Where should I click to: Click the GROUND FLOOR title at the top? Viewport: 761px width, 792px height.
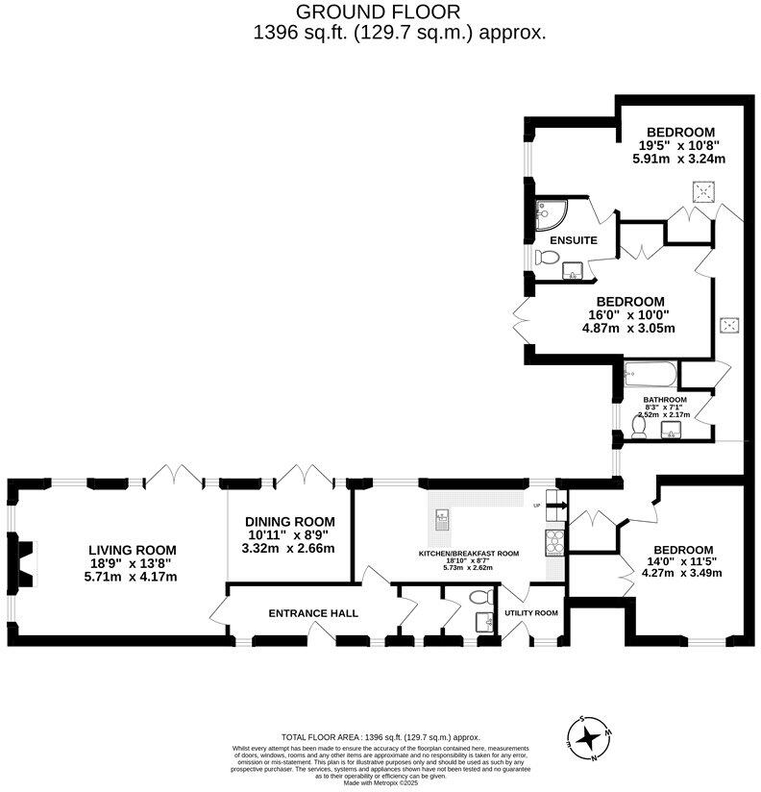378,12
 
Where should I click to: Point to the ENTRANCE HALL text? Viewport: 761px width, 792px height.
313,613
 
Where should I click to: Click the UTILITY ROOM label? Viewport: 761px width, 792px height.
531,613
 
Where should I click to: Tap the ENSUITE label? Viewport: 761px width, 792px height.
574,240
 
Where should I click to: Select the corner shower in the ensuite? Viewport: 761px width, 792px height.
552,212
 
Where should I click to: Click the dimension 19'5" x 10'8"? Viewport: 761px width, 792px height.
679,145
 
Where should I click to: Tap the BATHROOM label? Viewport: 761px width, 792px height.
665,400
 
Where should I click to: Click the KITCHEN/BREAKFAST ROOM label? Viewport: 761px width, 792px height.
468,554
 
